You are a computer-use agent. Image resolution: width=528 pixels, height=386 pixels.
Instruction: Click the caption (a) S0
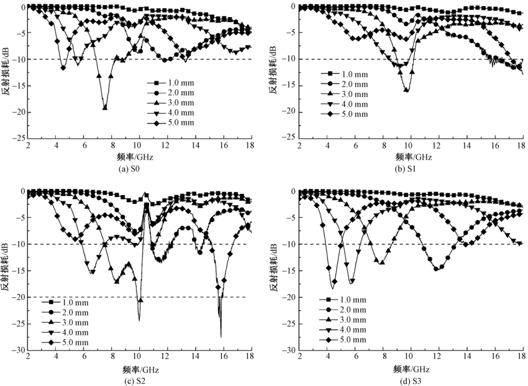[139, 168]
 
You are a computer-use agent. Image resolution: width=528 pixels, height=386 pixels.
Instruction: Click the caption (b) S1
[410, 168]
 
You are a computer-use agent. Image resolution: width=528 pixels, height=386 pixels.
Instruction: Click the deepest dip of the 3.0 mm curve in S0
[105, 108]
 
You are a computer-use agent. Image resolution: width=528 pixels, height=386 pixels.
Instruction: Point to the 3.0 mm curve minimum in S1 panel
[406, 90]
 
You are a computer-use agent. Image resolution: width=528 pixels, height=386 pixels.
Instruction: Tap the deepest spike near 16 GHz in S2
[221, 336]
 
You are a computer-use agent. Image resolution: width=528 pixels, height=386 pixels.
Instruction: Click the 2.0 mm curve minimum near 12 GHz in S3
[437, 269]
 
